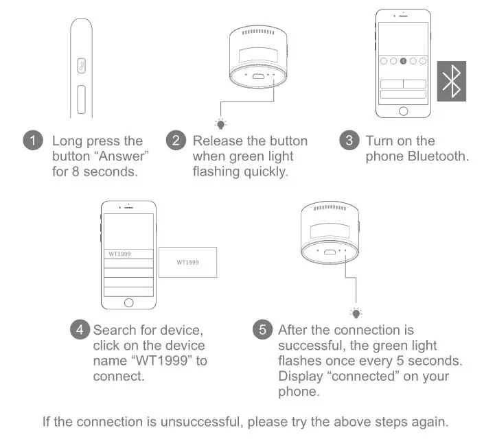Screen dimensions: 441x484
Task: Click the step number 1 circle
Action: click(33, 141)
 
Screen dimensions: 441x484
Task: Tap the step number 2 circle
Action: click(176, 141)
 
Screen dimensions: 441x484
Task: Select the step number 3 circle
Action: click(350, 141)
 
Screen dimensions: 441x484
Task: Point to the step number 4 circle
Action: click(80, 329)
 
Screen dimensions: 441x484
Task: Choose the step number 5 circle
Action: click(263, 329)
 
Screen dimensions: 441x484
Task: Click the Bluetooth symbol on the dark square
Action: click(452, 81)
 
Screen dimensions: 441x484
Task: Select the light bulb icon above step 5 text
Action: click(356, 312)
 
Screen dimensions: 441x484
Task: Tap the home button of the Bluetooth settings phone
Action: click(403, 111)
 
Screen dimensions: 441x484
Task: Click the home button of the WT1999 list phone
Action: click(128, 302)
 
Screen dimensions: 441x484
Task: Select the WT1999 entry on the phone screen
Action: click(119, 254)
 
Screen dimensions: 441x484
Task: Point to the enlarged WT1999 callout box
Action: click(187, 262)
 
